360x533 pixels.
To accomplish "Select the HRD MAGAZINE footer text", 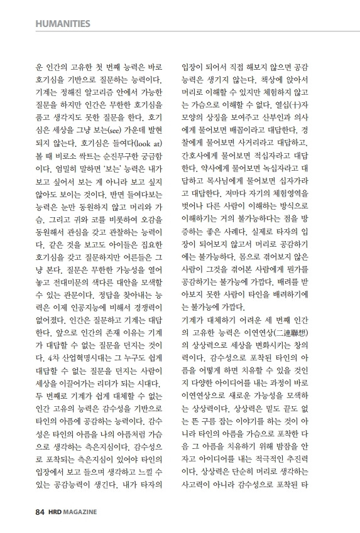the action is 72,512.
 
